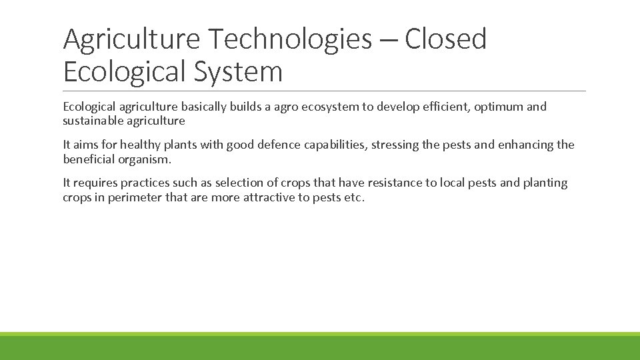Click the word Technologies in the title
tap(289, 39)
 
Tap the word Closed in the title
tap(445, 39)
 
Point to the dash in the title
tap(389, 40)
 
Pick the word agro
tap(279, 107)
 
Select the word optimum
tap(500, 107)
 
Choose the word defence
tap(277, 145)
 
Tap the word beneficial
tap(90, 159)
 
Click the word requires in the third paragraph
tap(95, 183)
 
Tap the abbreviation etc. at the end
tap(353, 197)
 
